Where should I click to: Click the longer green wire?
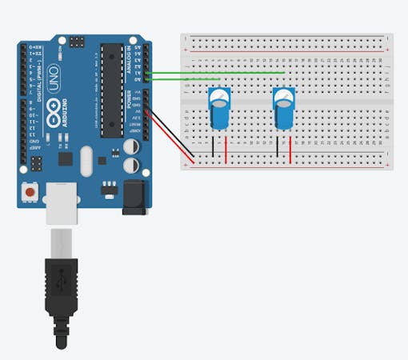coord(216,73)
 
